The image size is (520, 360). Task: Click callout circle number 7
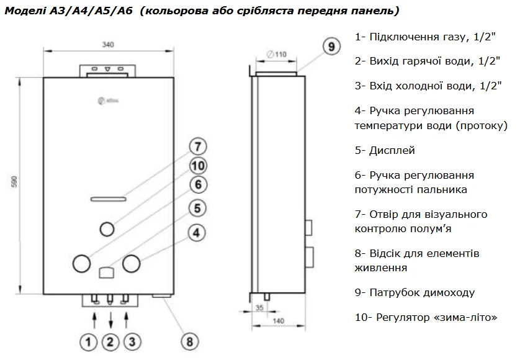(197, 147)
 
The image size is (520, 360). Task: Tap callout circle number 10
(197, 166)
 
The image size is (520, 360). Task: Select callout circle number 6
(197, 185)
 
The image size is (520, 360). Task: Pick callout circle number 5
(197, 209)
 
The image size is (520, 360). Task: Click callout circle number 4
(197, 233)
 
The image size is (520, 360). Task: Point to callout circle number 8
(189, 341)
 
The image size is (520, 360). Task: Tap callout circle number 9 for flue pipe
(331, 47)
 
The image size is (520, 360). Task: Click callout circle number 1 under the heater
(89, 341)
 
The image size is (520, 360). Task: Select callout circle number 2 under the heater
(111, 341)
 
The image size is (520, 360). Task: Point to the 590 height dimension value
(14, 184)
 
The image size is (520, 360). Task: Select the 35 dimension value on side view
(259, 307)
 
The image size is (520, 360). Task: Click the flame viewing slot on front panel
(108, 199)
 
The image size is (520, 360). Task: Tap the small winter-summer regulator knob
(107, 228)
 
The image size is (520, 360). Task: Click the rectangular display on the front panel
(106, 271)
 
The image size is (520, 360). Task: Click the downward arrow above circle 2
(111, 321)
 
